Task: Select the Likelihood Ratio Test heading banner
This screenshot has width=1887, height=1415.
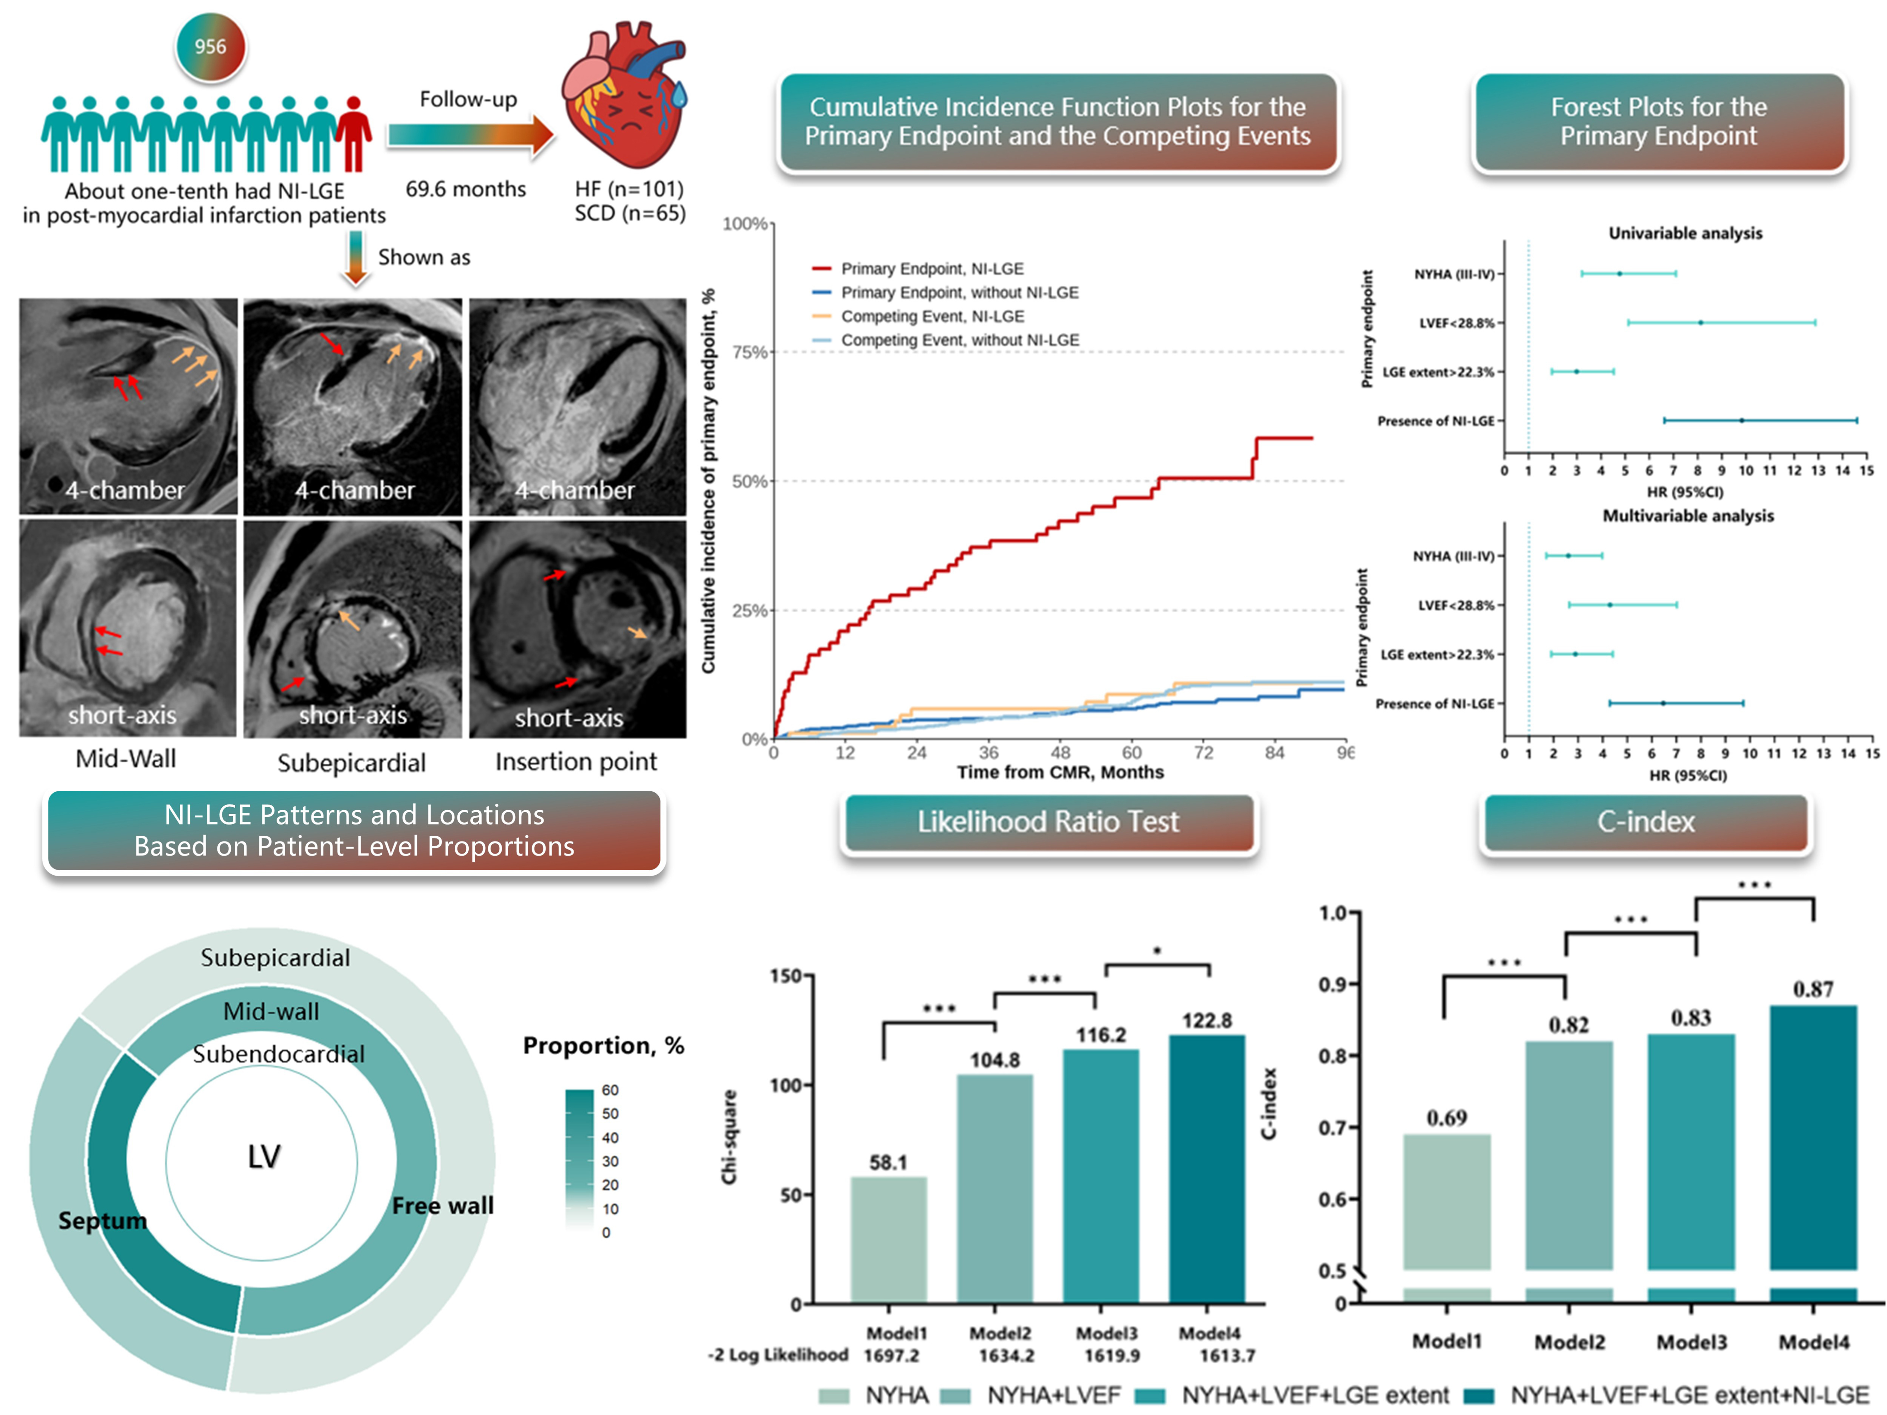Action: click(x=1049, y=822)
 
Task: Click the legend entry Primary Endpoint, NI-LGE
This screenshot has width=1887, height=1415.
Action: click(x=932, y=269)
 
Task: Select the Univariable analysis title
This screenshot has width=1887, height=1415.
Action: click(x=1685, y=233)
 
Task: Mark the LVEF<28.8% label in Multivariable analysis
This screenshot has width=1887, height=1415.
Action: click(x=1456, y=606)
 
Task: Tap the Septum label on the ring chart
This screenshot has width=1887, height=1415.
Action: click(x=103, y=1221)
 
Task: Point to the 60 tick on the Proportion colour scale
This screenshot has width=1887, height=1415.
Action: click(x=610, y=1090)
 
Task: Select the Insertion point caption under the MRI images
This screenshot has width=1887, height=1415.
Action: click(x=576, y=762)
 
